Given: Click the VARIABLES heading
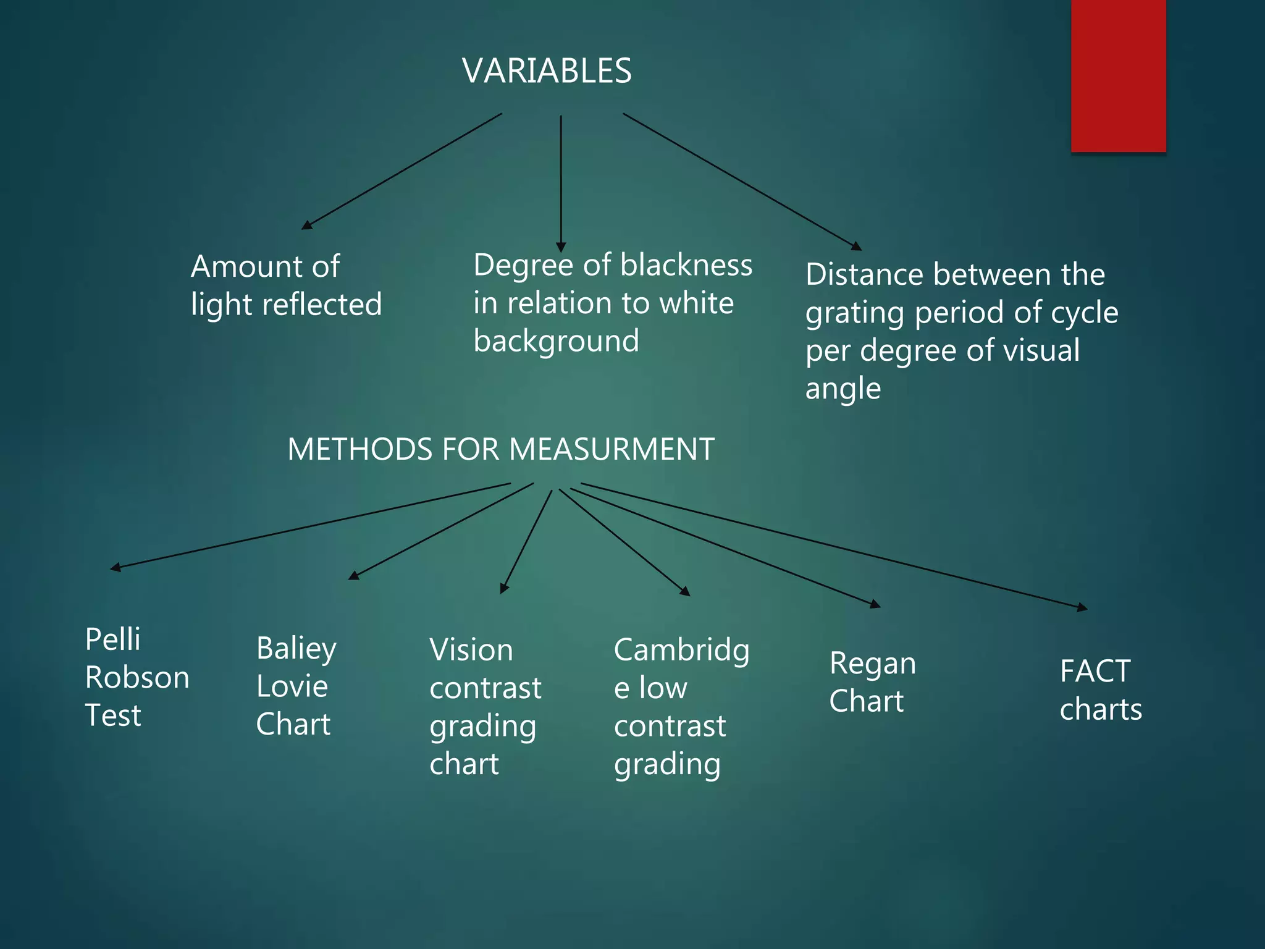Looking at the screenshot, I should click(x=547, y=70).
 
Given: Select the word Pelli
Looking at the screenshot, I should click(x=112, y=639).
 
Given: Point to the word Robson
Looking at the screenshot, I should click(x=137, y=677).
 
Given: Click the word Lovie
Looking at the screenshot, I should click(x=292, y=686).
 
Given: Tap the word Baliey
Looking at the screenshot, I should click(x=296, y=649).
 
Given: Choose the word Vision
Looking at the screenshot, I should click(x=471, y=650).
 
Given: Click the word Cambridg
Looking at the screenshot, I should click(x=681, y=651).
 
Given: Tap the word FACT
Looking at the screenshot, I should click(x=1095, y=671).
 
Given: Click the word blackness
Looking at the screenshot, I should click(x=686, y=265).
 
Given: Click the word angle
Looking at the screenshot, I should click(x=843, y=389).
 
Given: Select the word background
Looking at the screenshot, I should click(x=556, y=341).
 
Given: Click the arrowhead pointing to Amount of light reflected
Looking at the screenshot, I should click(x=306, y=226).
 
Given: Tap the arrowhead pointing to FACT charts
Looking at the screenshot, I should click(x=1082, y=608).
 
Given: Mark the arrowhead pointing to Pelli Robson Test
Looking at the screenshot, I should click(x=116, y=567).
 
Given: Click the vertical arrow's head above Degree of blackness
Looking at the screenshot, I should click(x=561, y=247).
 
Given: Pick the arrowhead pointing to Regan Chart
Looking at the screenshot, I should click(x=875, y=605).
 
